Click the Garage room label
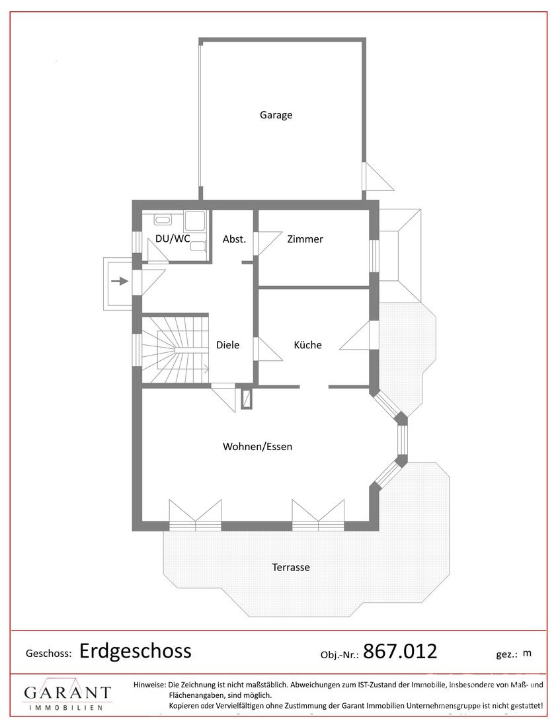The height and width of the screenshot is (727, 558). pyautogui.click(x=276, y=115)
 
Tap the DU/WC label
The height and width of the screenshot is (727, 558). pyautogui.click(x=173, y=239)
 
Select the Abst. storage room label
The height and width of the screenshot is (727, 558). pyautogui.click(x=234, y=239)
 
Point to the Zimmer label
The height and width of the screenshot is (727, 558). pyautogui.click(x=305, y=239)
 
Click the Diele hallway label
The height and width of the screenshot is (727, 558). pyautogui.click(x=227, y=345)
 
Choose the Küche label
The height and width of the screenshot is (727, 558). pyautogui.click(x=307, y=345)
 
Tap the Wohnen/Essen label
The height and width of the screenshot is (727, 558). pyautogui.click(x=257, y=447)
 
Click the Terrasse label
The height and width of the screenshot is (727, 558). pyautogui.click(x=291, y=567)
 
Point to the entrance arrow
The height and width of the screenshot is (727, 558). pyautogui.click(x=120, y=280)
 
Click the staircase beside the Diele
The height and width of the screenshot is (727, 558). pyautogui.click(x=175, y=349)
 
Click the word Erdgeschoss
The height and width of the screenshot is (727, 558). pyautogui.click(x=136, y=651)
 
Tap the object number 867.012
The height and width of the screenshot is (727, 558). pyautogui.click(x=400, y=651)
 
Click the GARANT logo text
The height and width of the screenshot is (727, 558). pyautogui.click(x=67, y=693)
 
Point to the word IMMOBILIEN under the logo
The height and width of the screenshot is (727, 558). pyautogui.click(x=66, y=708)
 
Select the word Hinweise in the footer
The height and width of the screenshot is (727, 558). pyautogui.click(x=149, y=684)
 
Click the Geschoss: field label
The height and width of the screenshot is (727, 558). pyautogui.click(x=49, y=654)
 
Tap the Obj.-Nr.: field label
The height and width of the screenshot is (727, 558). pyautogui.click(x=340, y=655)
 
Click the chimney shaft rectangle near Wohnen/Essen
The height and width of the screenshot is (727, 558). pyautogui.click(x=247, y=399)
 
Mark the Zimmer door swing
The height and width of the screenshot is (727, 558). pyautogui.click(x=269, y=243)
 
